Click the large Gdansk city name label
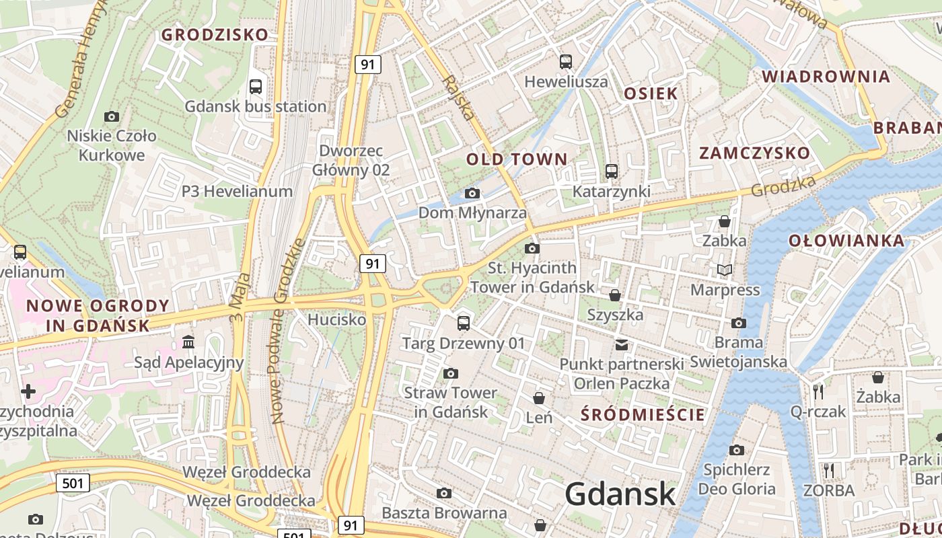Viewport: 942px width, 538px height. point(620,494)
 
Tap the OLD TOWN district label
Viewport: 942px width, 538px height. point(517,159)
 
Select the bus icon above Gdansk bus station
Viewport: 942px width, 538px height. point(256,86)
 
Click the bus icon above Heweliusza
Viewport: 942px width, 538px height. point(566,62)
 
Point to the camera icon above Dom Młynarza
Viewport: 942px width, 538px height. point(472,194)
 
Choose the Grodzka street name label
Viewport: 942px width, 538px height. point(783,186)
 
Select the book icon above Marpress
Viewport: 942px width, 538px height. point(725,270)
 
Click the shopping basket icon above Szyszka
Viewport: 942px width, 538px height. point(615,295)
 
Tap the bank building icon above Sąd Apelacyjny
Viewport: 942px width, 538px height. point(188,343)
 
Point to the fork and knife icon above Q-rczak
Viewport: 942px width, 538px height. point(818,391)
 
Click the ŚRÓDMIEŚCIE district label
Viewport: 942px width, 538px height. point(643,414)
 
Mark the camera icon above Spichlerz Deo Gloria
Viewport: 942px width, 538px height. point(737,450)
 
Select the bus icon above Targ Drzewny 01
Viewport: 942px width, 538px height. point(464,323)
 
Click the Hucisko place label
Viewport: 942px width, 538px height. point(336,319)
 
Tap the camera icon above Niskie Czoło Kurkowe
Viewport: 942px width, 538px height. point(112,116)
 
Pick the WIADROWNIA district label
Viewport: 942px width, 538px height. point(826,76)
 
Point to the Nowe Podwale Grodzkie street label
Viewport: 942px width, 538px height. point(288,331)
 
